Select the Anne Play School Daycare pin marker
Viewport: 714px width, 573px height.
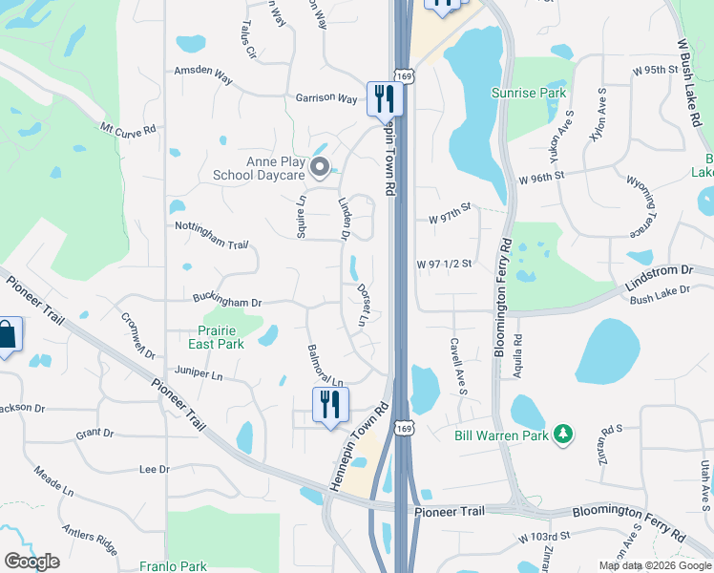tap(321, 169)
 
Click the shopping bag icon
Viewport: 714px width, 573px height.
tap(6, 334)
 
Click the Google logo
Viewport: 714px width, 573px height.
tap(31, 562)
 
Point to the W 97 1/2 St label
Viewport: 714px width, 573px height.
tap(445, 264)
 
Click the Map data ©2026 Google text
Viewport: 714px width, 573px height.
tap(655, 565)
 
